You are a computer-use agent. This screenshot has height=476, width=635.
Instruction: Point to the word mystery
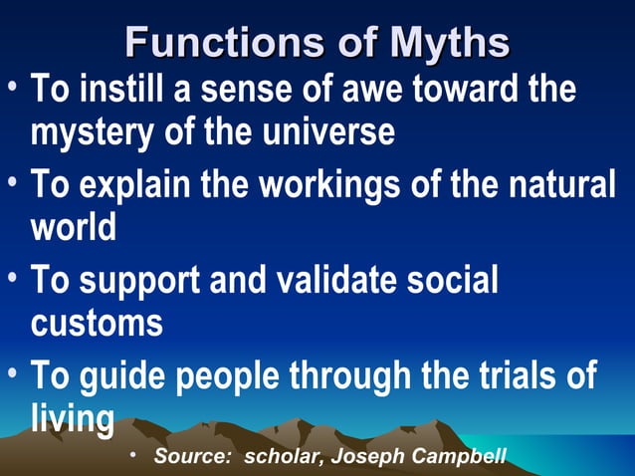pos(91,132)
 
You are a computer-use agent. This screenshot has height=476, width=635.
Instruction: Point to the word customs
pos(97,323)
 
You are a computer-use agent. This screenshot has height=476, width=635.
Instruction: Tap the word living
pos(72,417)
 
